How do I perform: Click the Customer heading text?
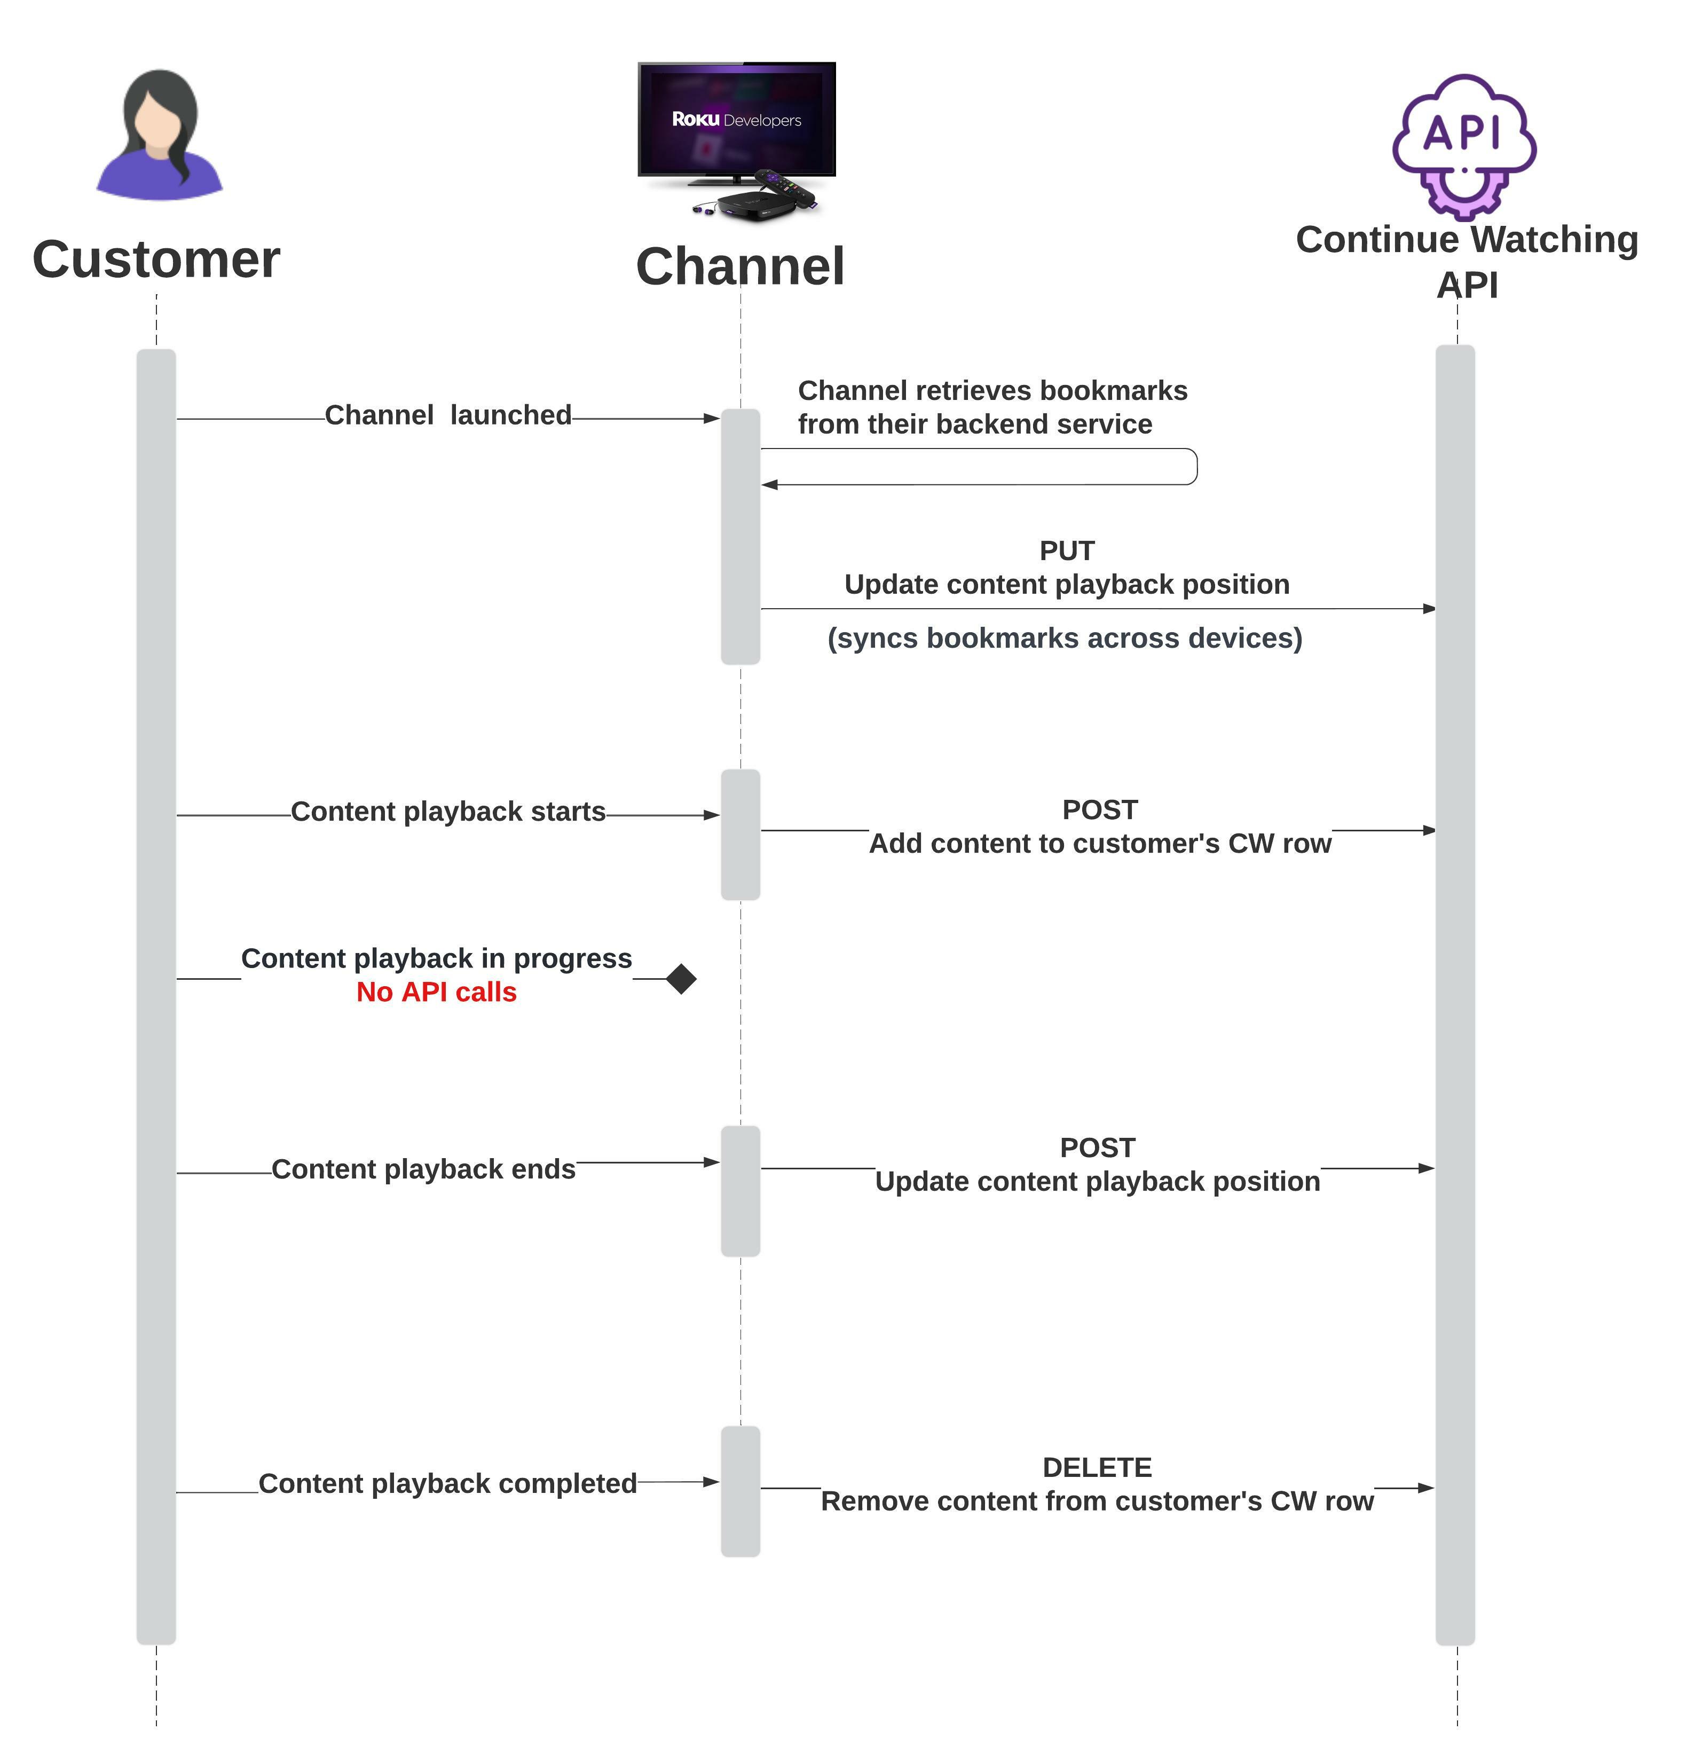(156, 259)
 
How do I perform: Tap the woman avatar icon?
(159, 135)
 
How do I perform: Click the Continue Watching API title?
(1467, 262)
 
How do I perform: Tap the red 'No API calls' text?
(436, 992)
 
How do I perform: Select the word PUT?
(1067, 551)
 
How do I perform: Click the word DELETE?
(1097, 1467)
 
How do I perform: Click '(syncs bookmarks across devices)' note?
(1065, 638)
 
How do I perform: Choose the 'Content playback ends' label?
(423, 1169)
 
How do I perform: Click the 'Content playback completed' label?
(447, 1483)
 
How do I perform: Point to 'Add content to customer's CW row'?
(1100, 844)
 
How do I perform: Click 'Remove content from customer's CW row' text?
(1098, 1501)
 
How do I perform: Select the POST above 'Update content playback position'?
(1098, 1148)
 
